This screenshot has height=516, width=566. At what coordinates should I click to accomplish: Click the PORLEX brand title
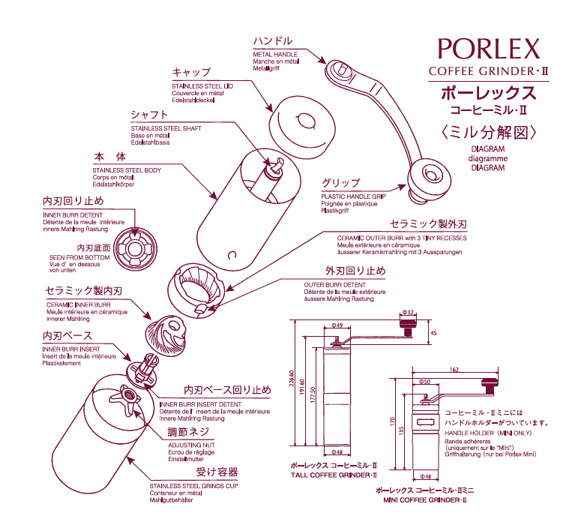click(x=488, y=49)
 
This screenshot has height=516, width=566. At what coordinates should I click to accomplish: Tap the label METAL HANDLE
click(x=275, y=55)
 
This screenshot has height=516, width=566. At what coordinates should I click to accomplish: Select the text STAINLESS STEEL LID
click(x=202, y=87)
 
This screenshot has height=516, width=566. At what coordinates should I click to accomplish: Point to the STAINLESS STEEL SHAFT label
click(x=166, y=128)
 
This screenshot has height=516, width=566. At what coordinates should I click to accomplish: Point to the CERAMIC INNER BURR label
click(x=79, y=305)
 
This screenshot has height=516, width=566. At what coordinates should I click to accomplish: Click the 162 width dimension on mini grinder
click(x=454, y=370)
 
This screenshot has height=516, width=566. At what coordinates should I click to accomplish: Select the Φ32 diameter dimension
click(x=409, y=312)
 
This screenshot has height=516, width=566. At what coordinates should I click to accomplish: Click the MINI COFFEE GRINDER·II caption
click(x=425, y=499)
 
